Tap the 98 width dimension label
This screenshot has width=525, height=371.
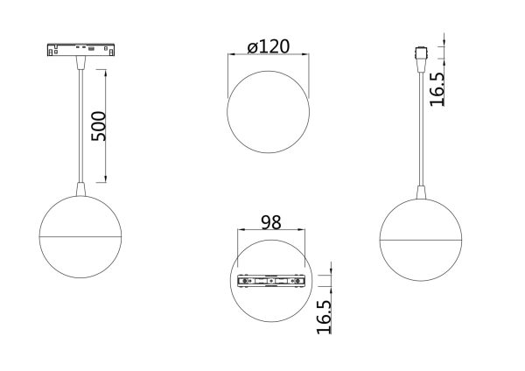tap(271, 222)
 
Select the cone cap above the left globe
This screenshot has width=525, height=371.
tap(81, 189)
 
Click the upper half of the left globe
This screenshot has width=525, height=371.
tap(81, 217)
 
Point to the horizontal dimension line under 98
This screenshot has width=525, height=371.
tap(272, 233)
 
